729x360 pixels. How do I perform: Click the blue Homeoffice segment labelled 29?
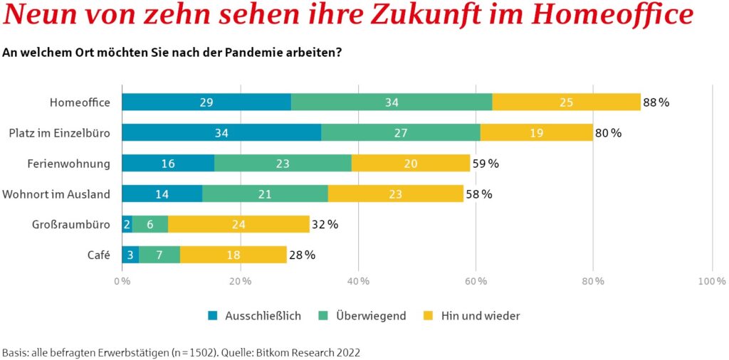tap(206, 102)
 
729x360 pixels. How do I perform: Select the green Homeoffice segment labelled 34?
tap(392, 102)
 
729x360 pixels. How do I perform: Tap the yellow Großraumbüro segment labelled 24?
tap(238, 224)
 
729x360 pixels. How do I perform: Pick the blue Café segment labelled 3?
tap(130, 255)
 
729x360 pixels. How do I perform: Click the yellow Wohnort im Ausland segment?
tap(395, 194)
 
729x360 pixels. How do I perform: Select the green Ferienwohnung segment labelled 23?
tap(283, 164)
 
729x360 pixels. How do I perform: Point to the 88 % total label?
tap(656, 102)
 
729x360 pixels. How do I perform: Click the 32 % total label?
tap(324, 225)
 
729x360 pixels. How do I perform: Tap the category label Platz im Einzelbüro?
tap(60, 133)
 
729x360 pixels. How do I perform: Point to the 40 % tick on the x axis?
tap(359, 282)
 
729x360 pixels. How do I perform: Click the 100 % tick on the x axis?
tap(711, 282)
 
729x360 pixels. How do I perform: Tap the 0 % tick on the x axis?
tap(122, 282)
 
